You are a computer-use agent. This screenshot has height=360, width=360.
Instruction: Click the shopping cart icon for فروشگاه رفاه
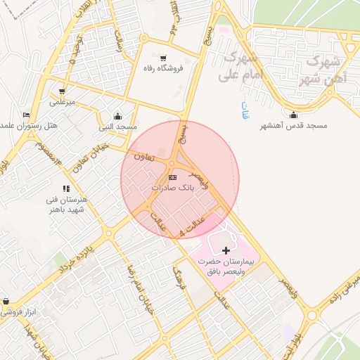point(164,58)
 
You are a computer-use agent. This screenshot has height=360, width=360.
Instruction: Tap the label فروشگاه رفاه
point(163,68)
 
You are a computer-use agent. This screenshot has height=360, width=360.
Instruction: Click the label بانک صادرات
point(172,188)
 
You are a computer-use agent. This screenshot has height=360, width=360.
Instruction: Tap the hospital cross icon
point(226,250)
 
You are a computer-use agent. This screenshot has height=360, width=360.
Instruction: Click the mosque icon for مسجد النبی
point(117,117)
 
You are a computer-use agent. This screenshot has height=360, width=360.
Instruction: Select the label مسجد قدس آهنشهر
point(294,125)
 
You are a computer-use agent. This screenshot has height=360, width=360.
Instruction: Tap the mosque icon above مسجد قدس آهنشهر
point(294,115)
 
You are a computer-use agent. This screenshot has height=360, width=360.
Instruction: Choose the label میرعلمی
point(61,102)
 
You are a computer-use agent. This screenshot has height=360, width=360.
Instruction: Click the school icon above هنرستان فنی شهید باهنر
point(66,188)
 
